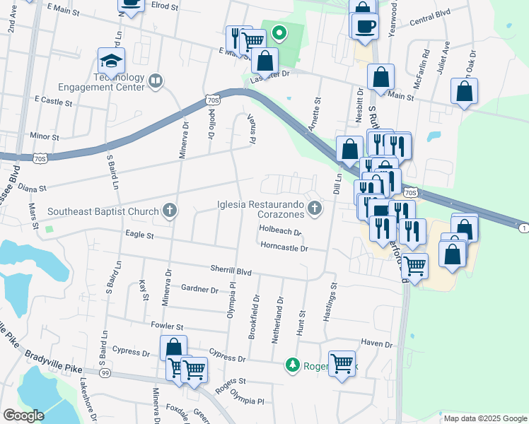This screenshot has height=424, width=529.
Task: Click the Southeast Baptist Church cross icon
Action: click(x=169, y=211)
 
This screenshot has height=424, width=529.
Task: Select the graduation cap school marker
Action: click(x=112, y=61)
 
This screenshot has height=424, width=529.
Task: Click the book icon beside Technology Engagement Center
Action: click(x=156, y=82)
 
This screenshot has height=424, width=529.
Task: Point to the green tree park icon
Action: click(x=292, y=365)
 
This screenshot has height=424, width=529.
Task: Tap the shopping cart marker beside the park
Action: click(x=342, y=364)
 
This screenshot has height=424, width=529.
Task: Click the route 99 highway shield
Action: click(x=105, y=372)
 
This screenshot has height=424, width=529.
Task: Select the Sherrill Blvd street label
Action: click(x=231, y=270)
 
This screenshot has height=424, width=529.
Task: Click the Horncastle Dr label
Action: click(x=284, y=248)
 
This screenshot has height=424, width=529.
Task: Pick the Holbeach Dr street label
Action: click(x=280, y=231)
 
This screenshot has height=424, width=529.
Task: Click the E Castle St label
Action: click(x=48, y=101)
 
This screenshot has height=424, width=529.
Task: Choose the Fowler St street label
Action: click(x=167, y=327)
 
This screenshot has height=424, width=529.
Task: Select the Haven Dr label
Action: click(x=376, y=344)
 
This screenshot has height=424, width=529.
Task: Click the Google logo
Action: click(x=23, y=416)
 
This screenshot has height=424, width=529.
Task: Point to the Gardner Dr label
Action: click(x=199, y=289)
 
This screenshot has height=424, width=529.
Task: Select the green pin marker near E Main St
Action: click(x=279, y=33)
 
